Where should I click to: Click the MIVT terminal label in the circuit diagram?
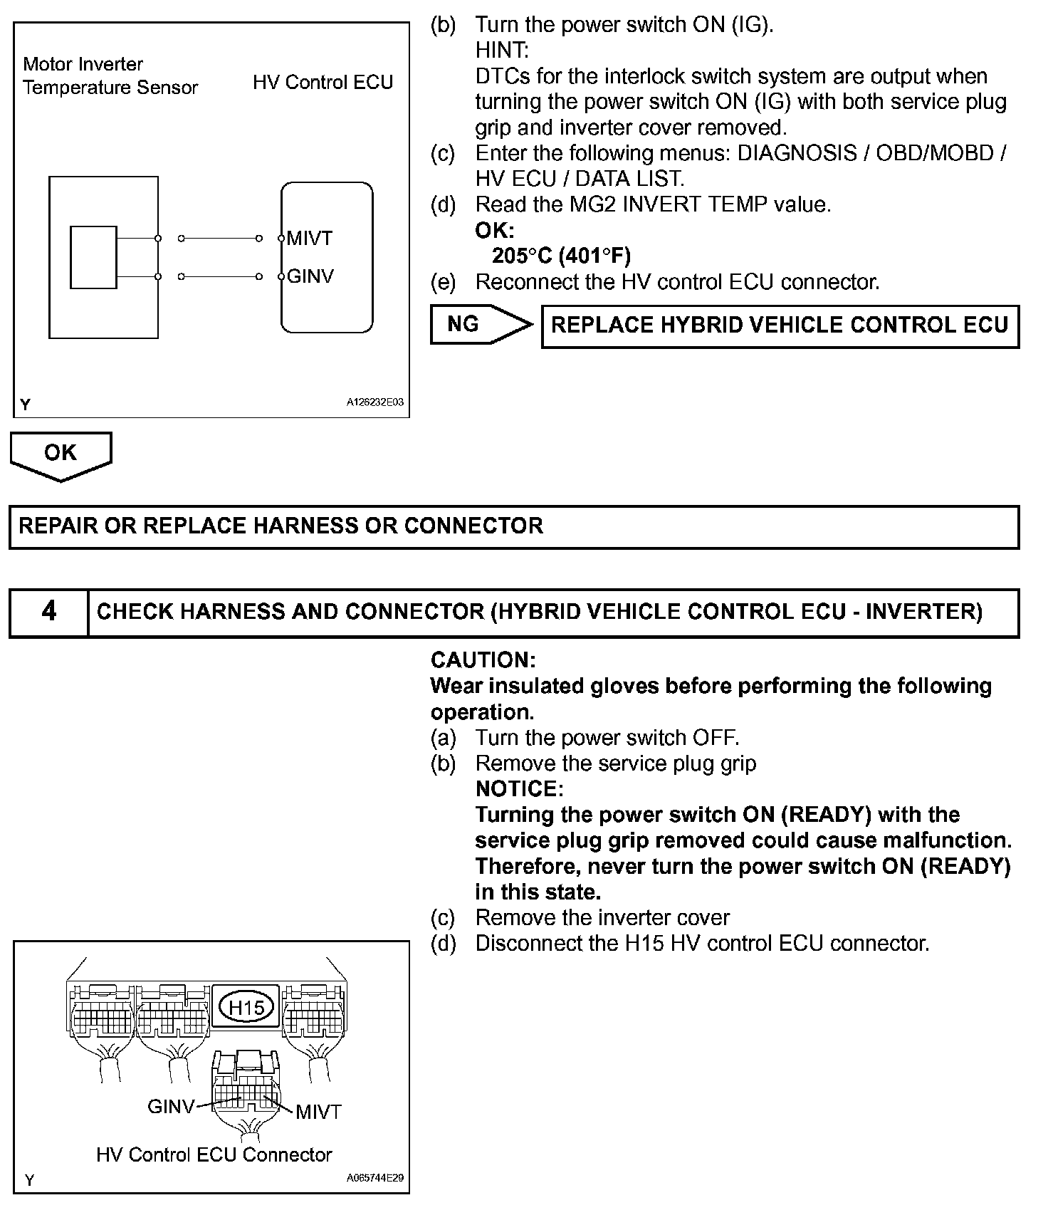[310, 238]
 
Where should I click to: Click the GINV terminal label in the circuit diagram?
[310, 276]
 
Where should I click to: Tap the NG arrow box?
[479, 325]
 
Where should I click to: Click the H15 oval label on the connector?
[246, 1007]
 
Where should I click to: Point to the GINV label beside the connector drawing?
[170, 1106]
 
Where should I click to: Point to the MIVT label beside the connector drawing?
[318, 1111]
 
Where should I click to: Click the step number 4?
[48, 612]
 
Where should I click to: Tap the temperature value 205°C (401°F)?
[561, 256]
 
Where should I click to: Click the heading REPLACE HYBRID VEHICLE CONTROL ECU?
[780, 325]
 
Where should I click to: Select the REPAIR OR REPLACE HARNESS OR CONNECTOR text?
[281, 526]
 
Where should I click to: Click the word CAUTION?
[483, 660]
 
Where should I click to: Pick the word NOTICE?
[519, 789]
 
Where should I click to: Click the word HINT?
[502, 51]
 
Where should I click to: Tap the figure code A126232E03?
[374, 402]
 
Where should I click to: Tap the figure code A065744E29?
[374, 1178]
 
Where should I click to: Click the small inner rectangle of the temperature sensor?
[93, 257]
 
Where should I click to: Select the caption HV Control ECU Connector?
[214, 1154]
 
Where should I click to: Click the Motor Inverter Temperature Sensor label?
[110, 75]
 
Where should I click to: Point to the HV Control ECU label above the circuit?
[323, 83]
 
